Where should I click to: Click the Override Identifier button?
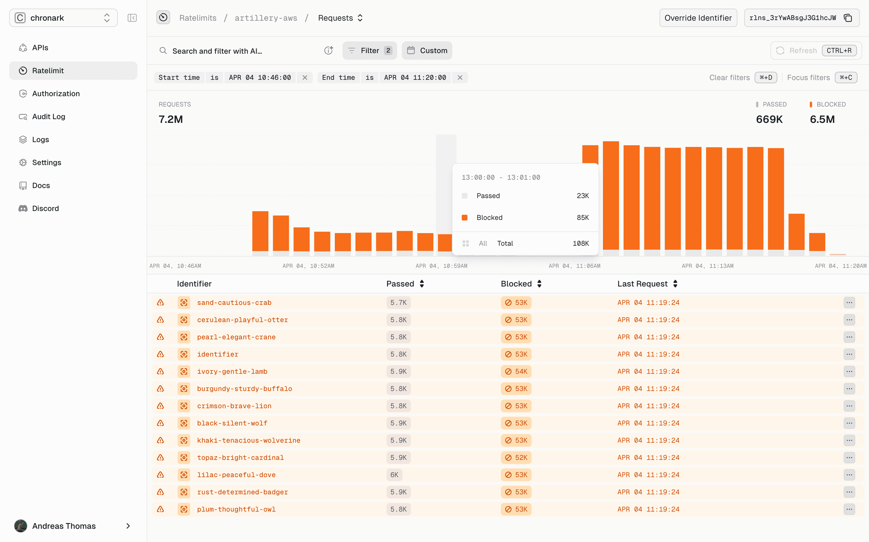pos(698,18)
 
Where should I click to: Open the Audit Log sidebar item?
pos(49,117)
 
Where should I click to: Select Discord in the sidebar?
pos(45,208)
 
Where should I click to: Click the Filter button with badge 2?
pos(370,51)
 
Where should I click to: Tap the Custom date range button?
pos(427,51)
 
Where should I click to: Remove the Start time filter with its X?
pos(305,78)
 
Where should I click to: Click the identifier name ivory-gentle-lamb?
pos(232,371)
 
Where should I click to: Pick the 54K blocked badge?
pos(516,371)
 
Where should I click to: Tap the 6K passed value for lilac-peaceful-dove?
pos(394,475)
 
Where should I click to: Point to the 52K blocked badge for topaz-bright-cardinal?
pos(516,457)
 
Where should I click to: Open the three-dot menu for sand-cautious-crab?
pos(849,303)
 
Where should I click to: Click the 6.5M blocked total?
pos(822,119)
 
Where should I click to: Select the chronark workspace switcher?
pos(64,18)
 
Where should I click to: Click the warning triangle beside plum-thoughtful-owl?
pos(160,509)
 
